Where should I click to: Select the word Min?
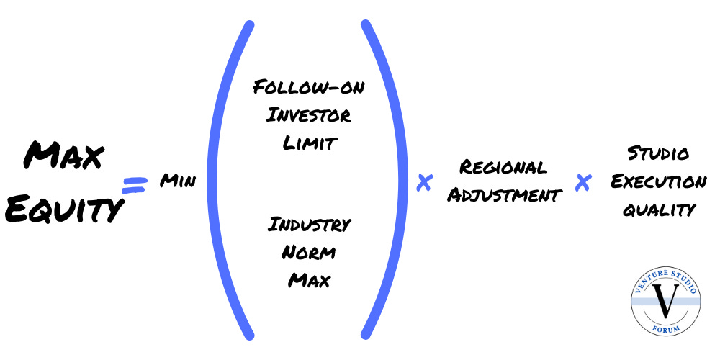pyautogui.click(x=177, y=181)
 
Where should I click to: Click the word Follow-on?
pyautogui.click(x=309, y=89)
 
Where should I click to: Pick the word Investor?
pyautogui.click(x=309, y=115)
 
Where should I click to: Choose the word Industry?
pyautogui.click(x=309, y=225)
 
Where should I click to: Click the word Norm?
pyautogui.click(x=309, y=252)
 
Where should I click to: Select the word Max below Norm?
pyautogui.click(x=309, y=279)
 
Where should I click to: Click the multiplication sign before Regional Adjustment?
pyautogui.click(x=425, y=183)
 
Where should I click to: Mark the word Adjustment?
pyautogui.click(x=504, y=195)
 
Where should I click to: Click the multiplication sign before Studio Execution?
pyautogui.click(x=583, y=183)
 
